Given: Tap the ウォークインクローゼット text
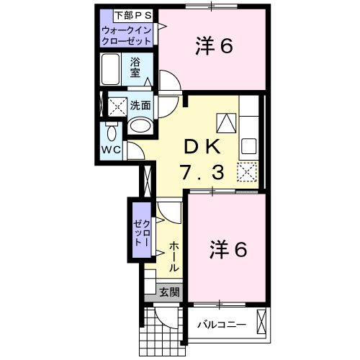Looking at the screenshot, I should (x=127, y=35).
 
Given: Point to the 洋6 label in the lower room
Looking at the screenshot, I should (x=228, y=250).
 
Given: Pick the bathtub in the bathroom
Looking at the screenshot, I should (x=112, y=71).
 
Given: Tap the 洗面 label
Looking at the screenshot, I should (x=140, y=105).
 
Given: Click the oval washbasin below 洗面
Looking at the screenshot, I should (x=140, y=127).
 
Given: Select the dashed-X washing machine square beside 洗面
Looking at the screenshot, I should (x=115, y=106).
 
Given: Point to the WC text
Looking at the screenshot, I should (x=110, y=150).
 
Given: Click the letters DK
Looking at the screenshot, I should (x=203, y=146).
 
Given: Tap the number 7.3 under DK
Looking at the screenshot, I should (x=203, y=173).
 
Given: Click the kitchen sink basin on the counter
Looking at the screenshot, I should (x=248, y=146).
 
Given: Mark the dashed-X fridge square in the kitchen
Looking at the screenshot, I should (x=247, y=173).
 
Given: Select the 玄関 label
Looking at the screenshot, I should (x=169, y=292).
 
